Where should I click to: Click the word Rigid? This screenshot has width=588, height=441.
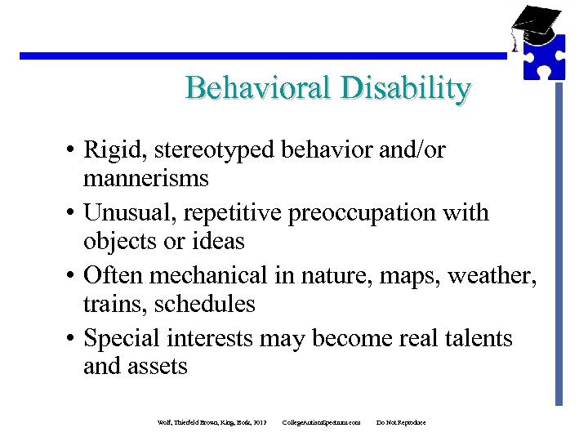click(115, 151)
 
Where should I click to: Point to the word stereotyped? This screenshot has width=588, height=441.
click(212, 151)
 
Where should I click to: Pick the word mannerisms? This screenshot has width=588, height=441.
click(145, 179)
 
